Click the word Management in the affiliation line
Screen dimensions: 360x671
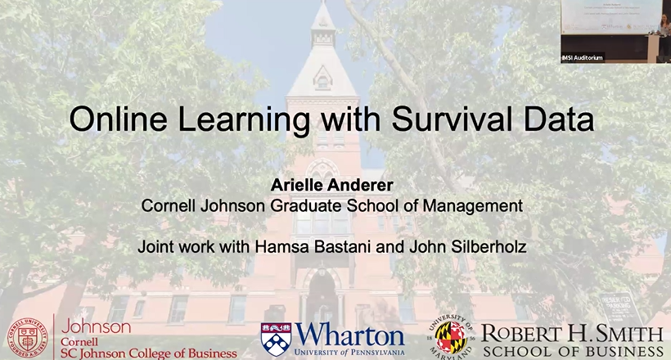coord(475,206)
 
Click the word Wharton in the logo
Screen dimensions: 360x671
coord(349,335)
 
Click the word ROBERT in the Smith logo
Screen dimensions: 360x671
coord(522,334)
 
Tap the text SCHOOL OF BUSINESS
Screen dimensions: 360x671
coord(573,351)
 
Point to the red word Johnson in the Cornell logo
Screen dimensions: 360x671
coord(96,326)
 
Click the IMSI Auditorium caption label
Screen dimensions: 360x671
coord(583,57)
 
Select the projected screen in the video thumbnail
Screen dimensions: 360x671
coord(610,16)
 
